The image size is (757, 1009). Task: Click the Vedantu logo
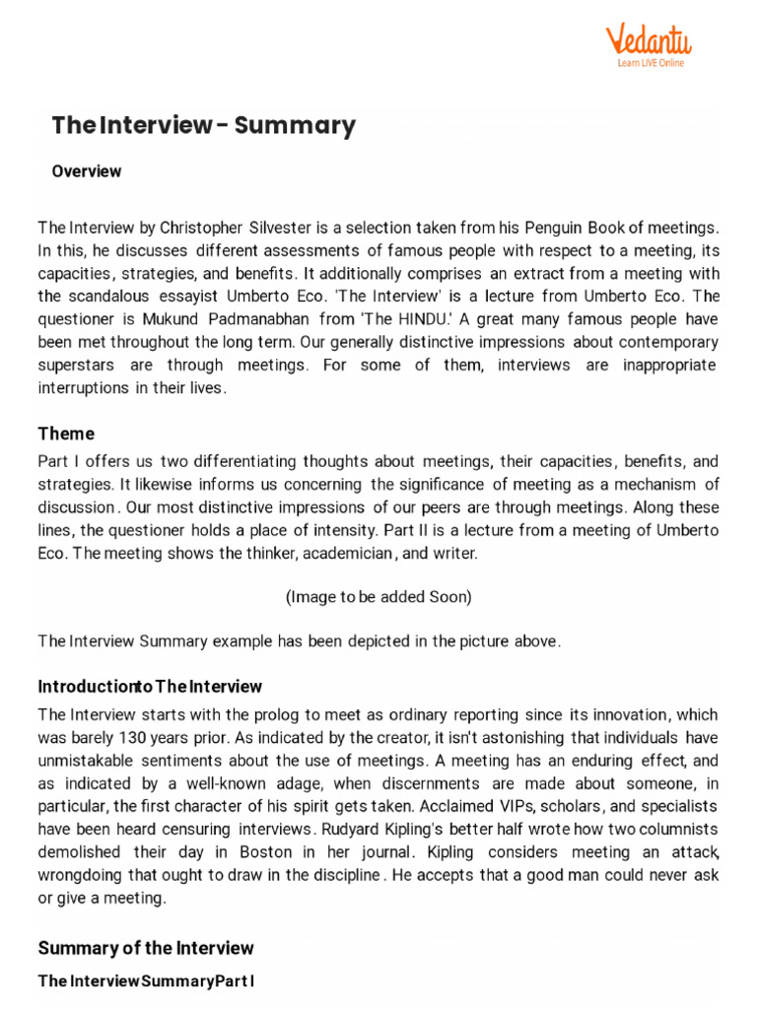click(648, 40)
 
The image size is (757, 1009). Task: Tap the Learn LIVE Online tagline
click(650, 64)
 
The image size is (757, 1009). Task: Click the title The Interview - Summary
click(203, 125)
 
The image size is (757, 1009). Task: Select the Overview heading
click(87, 171)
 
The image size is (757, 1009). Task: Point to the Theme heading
click(66, 434)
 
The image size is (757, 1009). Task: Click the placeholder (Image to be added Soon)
click(378, 597)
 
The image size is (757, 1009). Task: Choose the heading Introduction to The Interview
click(150, 687)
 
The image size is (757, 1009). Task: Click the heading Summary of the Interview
click(146, 949)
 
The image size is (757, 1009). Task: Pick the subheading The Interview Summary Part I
click(146, 981)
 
